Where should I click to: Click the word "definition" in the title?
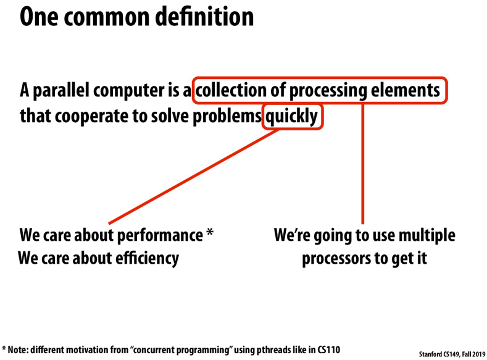pos(204,17)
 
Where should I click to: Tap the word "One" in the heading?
pos(38,17)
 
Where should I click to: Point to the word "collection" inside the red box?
pos(231,90)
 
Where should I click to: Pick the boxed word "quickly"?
pos(291,117)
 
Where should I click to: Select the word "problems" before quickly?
pos(227,117)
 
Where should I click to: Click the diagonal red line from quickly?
pos(194,177)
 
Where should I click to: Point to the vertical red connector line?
pos(362,164)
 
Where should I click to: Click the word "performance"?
pos(160,235)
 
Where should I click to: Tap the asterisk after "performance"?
pos(210,232)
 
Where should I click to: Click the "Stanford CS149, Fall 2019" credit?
pos(452,354)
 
